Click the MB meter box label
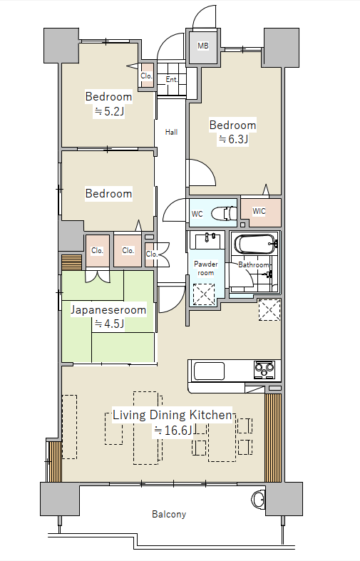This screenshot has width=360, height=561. point(203,46)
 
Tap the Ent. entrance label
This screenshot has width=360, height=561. point(171,79)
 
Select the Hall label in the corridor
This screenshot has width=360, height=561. point(171,132)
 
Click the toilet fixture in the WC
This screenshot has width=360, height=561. point(225,214)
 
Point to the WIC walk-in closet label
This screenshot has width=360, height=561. point(259,211)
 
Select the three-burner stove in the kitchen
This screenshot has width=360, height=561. point(264,369)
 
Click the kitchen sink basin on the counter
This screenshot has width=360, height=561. point(209,371)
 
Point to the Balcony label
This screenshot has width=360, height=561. point(169,515)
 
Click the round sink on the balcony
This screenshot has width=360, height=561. point(258,498)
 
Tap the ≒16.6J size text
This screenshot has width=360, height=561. point(173,430)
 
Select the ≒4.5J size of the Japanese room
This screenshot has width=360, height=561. point(109,324)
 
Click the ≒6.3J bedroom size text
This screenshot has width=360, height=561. point(233,139)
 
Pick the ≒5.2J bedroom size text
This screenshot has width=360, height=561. point(109,112)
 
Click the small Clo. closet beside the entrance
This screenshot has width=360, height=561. point(146,76)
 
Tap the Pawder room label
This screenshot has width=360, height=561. point(206,268)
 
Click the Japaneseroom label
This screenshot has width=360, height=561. point(108,309)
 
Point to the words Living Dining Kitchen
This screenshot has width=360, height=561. point(173,415)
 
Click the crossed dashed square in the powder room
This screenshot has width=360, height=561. point(204,294)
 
